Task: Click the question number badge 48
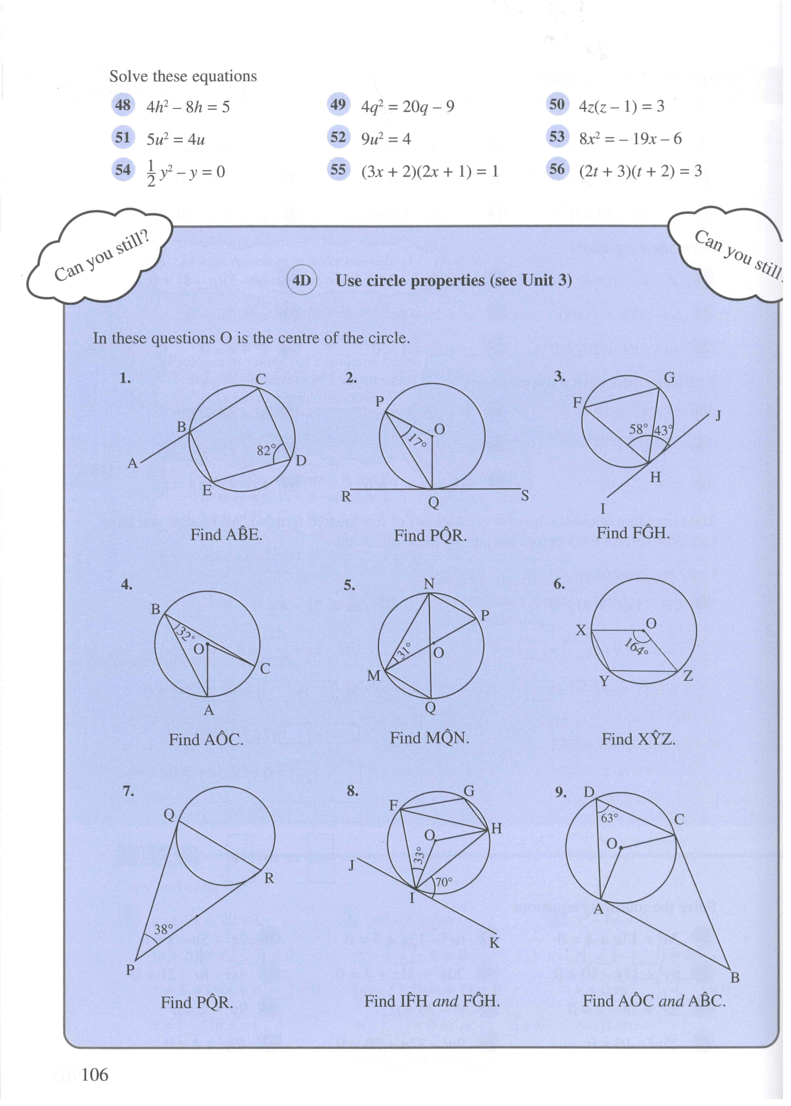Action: click(x=123, y=105)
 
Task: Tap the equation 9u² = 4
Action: click(x=386, y=139)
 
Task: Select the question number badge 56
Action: click(x=557, y=169)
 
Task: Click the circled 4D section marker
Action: click(x=301, y=280)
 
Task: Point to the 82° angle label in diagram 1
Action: click(x=266, y=450)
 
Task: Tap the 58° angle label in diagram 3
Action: click(x=638, y=429)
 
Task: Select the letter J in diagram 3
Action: click(x=718, y=415)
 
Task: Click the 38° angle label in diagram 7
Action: click(x=164, y=929)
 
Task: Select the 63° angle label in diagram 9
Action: click(x=609, y=818)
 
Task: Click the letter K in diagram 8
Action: click(x=494, y=943)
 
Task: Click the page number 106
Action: click(x=95, y=1075)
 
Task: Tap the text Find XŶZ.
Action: click(x=638, y=739)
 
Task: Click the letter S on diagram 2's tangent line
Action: click(x=525, y=496)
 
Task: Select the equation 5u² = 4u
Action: click(x=175, y=139)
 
